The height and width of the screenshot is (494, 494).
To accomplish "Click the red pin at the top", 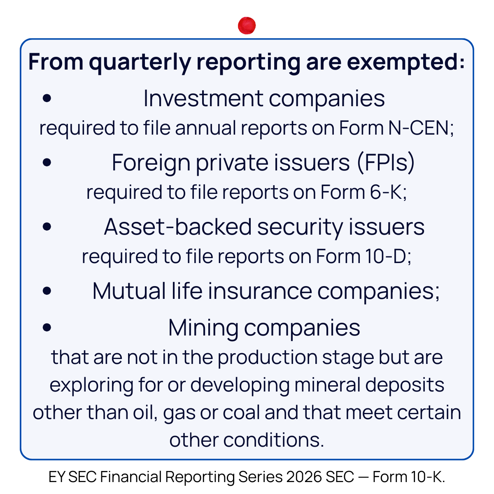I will click(x=247, y=26).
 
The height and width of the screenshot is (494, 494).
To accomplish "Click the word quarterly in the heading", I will click(x=140, y=63).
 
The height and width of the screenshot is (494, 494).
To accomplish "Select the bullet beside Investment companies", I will click(x=47, y=98).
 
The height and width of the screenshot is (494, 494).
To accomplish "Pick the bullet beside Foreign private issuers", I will click(x=47, y=162).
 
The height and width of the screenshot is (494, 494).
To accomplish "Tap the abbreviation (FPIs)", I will click(x=386, y=163).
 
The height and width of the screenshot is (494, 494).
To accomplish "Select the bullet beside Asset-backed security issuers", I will click(x=47, y=226).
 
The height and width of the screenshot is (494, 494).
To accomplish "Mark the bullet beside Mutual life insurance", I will click(x=47, y=291).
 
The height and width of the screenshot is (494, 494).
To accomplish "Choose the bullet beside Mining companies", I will click(x=47, y=327).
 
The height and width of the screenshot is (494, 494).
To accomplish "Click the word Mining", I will click(x=203, y=328).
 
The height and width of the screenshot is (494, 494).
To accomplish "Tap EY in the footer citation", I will click(x=56, y=477).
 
